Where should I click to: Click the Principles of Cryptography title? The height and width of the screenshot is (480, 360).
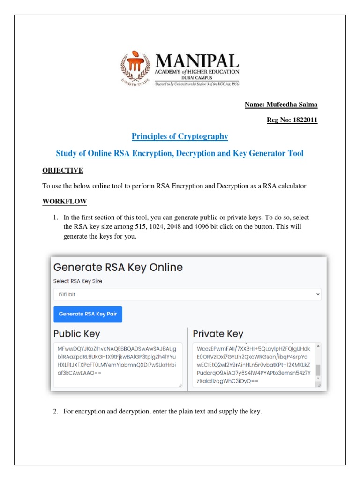tap(180, 136)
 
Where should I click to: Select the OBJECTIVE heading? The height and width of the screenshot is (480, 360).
tap(63, 170)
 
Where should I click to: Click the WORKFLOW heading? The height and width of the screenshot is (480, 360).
tap(65, 201)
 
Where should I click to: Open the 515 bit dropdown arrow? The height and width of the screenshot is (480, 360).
tap(318, 294)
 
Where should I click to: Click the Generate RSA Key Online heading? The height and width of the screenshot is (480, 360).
tap(118, 267)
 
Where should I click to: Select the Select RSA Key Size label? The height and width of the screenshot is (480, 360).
tap(78, 281)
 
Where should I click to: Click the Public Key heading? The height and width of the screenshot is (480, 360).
tap(76, 334)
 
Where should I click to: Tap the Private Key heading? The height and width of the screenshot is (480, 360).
tap(218, 334)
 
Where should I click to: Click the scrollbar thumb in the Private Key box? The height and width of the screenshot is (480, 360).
tap(318, 370)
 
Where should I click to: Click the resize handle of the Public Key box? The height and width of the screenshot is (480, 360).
tap(180, 385)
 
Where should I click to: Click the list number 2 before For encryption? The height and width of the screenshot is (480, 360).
tap(55, 412)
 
